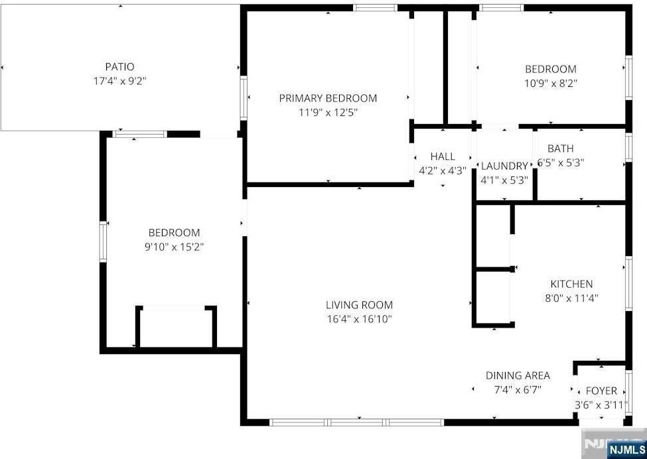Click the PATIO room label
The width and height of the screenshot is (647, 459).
tap(119, 66)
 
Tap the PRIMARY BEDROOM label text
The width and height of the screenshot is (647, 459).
tap(328, 98)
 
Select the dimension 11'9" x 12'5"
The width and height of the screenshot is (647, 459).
tap(328, 112)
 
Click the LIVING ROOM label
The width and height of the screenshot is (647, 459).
tap(359, 305)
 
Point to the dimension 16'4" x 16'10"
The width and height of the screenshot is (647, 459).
tap(359, 319)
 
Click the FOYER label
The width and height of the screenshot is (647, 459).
tap(601, 391)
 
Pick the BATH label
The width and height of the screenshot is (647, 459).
tap(561, 149)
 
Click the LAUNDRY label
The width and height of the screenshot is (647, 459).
tap(504, 166)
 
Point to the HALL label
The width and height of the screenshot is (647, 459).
tap(443, 157)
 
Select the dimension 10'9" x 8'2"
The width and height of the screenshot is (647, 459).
tap(551, 83)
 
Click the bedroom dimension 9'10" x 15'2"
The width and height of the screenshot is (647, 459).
tap(174, 247)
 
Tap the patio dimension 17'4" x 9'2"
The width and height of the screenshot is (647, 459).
tap(119, 81)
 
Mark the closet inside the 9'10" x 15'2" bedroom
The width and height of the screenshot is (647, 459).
tap(177, 328)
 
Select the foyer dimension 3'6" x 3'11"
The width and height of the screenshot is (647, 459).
tap(601, 405)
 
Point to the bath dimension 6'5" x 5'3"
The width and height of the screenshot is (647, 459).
tap(561, 163)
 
